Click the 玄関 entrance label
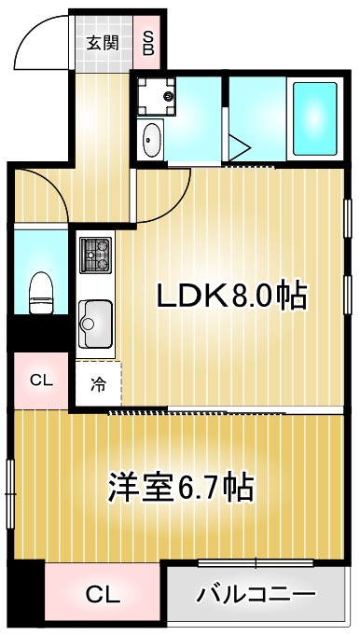(103, 42)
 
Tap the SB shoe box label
(148, 42)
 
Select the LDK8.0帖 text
(231, 297)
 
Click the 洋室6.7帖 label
(181, 487)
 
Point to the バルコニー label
(256, 594)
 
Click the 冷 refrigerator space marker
(98, 381)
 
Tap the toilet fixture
(41, 291)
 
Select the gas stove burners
(95, 255)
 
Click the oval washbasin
(152, 143)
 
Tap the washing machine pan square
(155, 95)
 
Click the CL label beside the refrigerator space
(40, 380)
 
